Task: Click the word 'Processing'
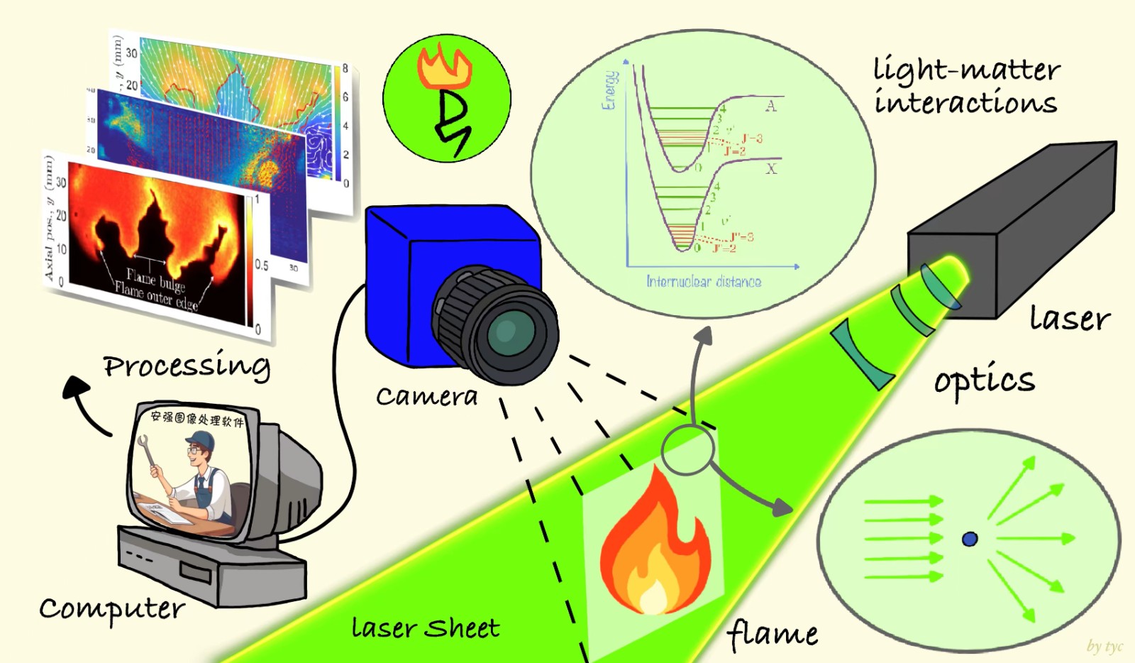[x=187, y=366]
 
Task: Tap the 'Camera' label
[x=426, y=396]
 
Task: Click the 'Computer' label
[x=111, y=609]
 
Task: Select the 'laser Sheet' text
[x=426, y=628]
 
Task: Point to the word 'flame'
[x=773, y=633]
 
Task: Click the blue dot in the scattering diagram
[x=970, y=539]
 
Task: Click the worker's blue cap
[x=201, y=442]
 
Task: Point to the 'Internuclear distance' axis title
[x=704, y=282]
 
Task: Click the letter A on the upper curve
[x=771, y=106]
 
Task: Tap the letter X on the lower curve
[x=771, y=169]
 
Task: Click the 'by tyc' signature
[x=1104, y=646]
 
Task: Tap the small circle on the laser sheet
[x=687, y=449]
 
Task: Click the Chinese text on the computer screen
[x=197, y=419]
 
